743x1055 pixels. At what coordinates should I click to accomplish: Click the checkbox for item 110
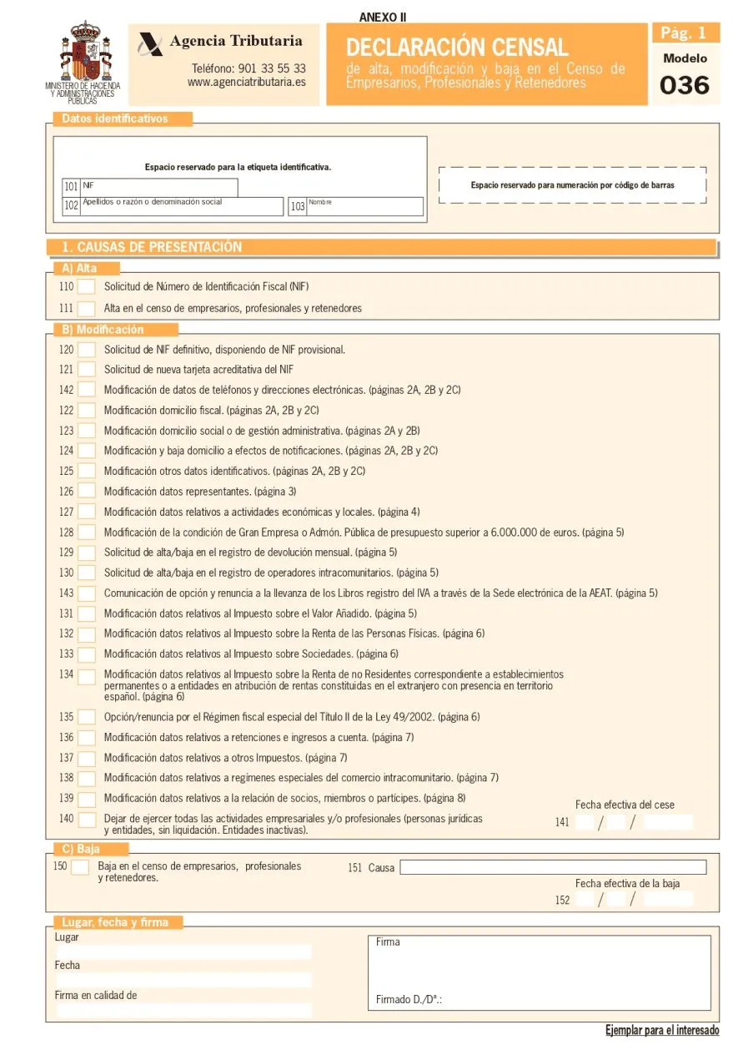pos(87,287)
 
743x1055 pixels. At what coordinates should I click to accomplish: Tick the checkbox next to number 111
pos(87,309)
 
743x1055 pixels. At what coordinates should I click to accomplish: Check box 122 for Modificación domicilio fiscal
pos(87,411)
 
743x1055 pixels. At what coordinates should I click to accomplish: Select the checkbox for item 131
pos(87,613)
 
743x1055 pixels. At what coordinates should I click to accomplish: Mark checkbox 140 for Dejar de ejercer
pos(87,820)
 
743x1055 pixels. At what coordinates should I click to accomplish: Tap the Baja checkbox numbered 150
pos(80,867)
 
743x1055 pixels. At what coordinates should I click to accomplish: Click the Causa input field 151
pos(552,867)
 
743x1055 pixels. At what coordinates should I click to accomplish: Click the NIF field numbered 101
pos(158,188)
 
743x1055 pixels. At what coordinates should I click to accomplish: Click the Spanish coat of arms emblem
pos(83,52)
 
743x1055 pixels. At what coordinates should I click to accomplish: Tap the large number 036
pos(684,85)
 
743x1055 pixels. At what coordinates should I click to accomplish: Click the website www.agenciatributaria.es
pos(246,83)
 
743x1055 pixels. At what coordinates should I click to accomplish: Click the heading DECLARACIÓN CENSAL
pos(457,47)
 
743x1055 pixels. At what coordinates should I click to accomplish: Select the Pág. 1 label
pos(684,33)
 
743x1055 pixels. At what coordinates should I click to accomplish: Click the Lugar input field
pos(183,952)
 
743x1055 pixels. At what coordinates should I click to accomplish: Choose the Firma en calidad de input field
pos(183,1010)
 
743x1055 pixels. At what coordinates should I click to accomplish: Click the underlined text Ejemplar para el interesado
pos(661,1031)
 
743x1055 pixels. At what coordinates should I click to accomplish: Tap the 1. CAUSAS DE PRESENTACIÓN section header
pos(151,247)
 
